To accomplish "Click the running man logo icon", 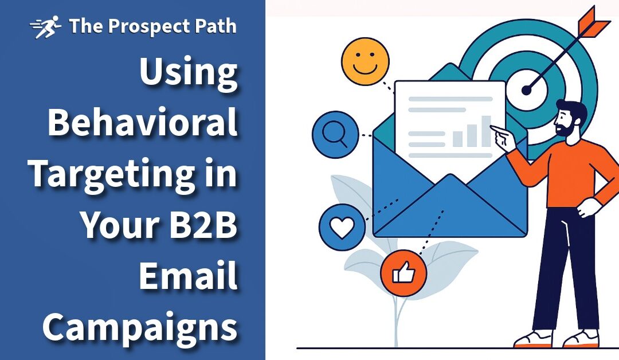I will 45,27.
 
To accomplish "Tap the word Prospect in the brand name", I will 134,27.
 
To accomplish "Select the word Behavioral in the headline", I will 143,123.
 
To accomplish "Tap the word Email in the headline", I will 188,276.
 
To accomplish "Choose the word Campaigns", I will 140,327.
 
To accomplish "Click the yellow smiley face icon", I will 365,62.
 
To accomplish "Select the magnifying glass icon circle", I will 335,135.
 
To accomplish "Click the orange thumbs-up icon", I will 403,273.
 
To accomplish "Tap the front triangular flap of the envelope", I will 450,209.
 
